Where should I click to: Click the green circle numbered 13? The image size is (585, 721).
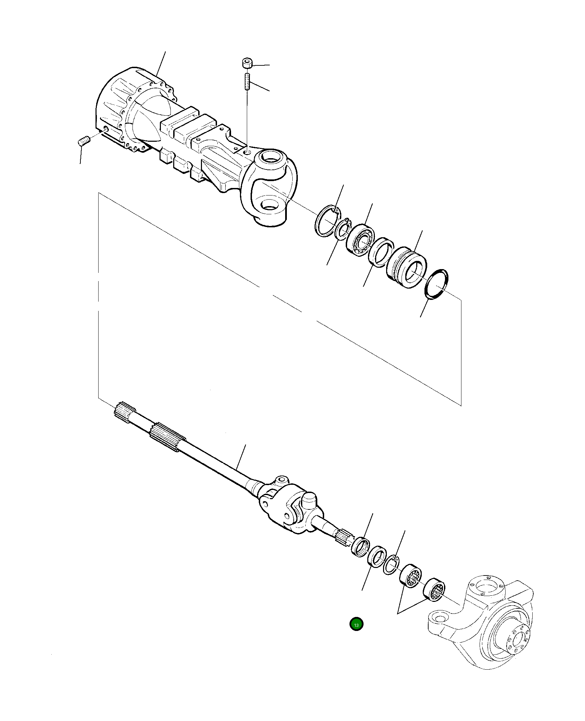(x=356, y=624)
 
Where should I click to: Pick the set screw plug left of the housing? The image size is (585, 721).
(x=83, y=141)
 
